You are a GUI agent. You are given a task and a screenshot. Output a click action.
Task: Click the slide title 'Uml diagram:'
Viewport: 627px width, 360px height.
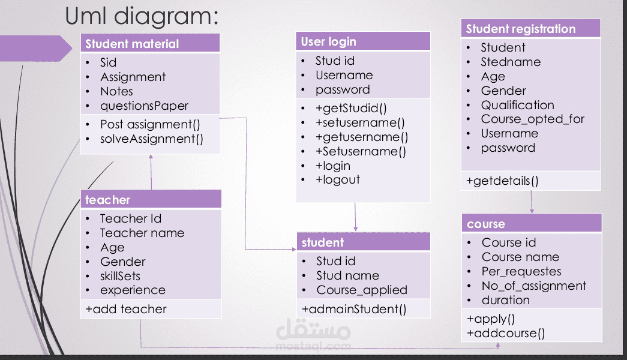[x=142, y=16]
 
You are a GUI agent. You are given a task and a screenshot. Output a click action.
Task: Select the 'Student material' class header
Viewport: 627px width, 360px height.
[x=132, y=44]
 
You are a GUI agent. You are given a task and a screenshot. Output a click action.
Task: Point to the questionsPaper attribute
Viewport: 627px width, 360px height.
[x=144, y=106]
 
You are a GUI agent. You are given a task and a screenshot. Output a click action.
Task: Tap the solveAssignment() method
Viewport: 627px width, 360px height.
[x=152, y=139]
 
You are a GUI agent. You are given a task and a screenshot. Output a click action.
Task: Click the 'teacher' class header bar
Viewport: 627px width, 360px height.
[x=108, y=200]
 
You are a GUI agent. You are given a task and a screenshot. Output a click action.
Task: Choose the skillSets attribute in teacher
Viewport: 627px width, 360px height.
[x=120, y=276]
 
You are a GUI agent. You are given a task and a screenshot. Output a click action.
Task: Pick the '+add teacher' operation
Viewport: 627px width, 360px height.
[x=126, y=310]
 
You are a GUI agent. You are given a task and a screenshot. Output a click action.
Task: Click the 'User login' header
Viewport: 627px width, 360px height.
[x=329, y=41]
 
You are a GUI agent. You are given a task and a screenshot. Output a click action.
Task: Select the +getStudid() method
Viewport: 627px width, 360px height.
[x=351, y=109]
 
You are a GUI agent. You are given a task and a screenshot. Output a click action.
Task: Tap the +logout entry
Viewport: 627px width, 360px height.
[x=337, y=180]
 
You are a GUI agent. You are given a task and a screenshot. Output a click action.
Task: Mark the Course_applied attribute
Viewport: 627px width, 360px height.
[x=362, y=290]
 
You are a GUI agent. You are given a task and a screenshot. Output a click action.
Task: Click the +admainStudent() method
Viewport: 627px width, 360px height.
[x=354, y=310]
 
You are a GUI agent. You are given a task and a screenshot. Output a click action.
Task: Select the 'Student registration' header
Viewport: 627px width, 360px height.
[x=520, y=29]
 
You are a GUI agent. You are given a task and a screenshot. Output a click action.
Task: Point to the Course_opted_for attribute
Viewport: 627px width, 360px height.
[x=532, y=119]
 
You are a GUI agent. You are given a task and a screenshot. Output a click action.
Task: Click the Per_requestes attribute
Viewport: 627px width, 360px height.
[x=521, y=272]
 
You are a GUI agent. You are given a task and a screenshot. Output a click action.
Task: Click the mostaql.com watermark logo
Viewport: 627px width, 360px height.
[x=313, y=335]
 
